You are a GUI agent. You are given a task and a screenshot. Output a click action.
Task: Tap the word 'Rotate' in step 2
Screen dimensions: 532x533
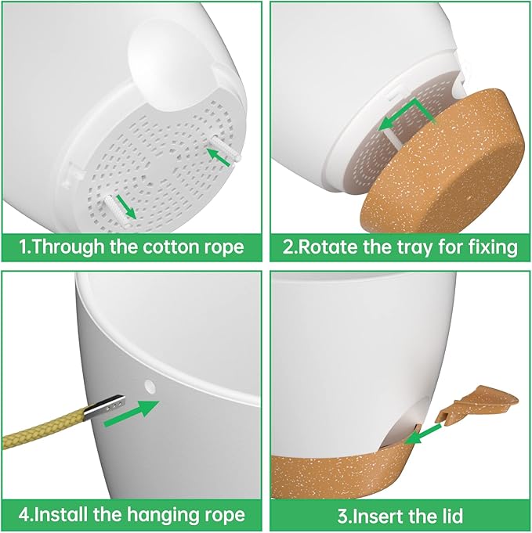pyautogui.click(x=326, y=247)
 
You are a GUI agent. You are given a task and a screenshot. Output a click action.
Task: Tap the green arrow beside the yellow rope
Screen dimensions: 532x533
pyautogui.click(x=132, y=412)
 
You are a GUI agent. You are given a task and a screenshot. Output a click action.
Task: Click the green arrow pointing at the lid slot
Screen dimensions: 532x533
pyautogui.click(x=423, y=433)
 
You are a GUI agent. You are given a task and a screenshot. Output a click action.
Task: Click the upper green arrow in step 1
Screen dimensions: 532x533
pyautogui.click(x=219, y=158)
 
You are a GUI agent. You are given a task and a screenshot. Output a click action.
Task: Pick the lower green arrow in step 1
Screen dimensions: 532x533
pyautogui.click(x=125, y=207)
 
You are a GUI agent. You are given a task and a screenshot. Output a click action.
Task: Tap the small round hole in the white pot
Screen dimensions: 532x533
pyautogui.click(x=150, y=386)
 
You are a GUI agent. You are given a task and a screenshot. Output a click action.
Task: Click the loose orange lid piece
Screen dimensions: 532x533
pyautogui.click(x=477, y=404)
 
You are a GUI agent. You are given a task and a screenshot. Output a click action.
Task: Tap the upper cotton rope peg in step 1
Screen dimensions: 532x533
pyautogui.click(x=226, y=148)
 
